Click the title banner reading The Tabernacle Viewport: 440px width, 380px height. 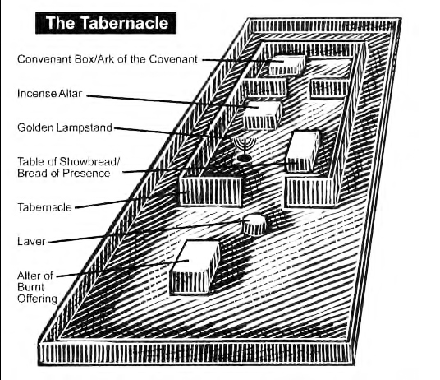(x=106, y=23)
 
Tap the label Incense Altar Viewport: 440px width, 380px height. (x=50, y=93)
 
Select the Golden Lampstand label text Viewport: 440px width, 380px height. (x=65, y=127)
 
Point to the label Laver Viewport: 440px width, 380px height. (x=31, y=242)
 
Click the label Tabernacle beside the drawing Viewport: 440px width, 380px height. (x=45, y=207)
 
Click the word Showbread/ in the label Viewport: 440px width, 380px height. (x=89, y=162)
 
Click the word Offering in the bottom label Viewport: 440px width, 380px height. (x=37, y=299)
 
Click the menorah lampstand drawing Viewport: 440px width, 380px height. (x=244, y=149)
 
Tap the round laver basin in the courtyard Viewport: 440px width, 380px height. (x=254, y=224)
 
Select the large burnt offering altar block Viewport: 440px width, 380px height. (x=195, y=267)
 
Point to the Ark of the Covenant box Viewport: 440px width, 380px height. (x=287, y=65)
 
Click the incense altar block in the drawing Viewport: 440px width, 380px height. (x=262, y=115)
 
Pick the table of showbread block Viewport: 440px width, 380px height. (x=303, y=151)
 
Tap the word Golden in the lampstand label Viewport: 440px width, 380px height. (x=35, y=127)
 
